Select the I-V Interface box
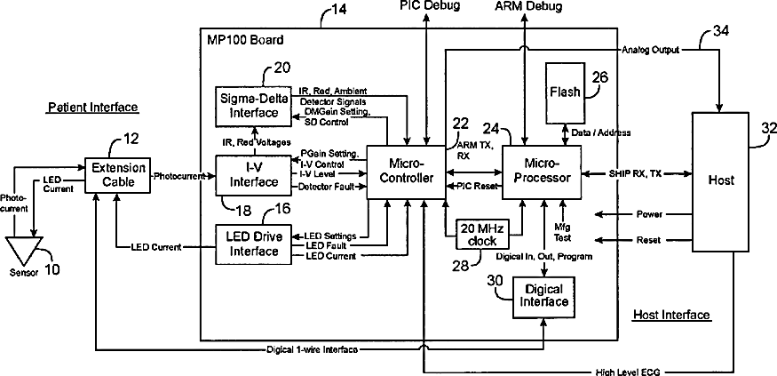click(x=253, y=175)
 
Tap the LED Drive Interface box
click(x=253, y=244)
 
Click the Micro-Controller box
click(x=406, y=172)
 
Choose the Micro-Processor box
click(x=541, y=172)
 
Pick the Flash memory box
click(x=566, y=92)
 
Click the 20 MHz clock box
click(x=482, y=234)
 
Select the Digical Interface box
click(x=543, y=296)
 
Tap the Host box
click(x=720, y=181)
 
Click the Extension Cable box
click(x=118, y=174)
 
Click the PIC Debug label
click(x=430, y=5)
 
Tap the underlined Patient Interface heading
click(x=92, y=108)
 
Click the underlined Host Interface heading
click(x=672, y=315)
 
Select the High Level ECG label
click(x=629, y=372)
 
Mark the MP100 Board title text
click(x=246, y=40)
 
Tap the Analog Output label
click(x=651, y=50)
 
